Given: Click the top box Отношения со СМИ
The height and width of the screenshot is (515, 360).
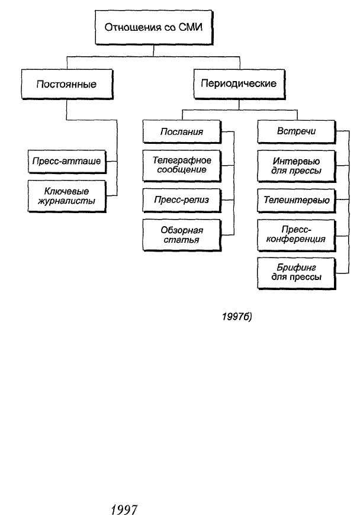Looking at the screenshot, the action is [x=154, y=27].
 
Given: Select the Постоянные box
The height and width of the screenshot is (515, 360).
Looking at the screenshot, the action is [x=67, y=84].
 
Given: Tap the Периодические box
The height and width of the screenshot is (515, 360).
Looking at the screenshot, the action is [x=239, y=83].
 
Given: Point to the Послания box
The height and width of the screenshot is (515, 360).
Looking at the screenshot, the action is [x=182, y=131].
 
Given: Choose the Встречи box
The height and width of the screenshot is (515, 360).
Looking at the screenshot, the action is [x=296, y=131].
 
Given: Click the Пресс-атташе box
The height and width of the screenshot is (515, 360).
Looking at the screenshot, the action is [x=67, y=161].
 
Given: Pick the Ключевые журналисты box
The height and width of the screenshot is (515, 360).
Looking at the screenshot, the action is [x=67, y=196].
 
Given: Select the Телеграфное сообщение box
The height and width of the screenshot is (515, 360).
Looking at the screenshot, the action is [x=182, y=166].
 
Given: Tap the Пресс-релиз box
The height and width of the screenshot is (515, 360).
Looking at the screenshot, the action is [x=182, y=200].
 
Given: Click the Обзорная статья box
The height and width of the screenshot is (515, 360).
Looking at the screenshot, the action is [x=182, y=235].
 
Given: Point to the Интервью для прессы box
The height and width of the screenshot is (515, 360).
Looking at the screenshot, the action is [x=296, y=166].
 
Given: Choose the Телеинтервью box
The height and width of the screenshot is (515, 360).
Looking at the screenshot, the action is [x=296, y=200].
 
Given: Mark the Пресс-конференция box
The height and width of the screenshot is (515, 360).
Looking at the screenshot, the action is [x=296, y=235].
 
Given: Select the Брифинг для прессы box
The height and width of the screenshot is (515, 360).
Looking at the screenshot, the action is [x=296, y=273].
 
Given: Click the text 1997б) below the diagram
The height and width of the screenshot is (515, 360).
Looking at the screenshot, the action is [x=237, y=317].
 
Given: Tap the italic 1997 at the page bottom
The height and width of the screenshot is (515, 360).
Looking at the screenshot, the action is [x=124, y=510].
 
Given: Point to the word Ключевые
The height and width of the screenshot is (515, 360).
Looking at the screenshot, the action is [x=67, y=191].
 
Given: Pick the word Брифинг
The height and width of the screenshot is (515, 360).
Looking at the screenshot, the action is [x=296, y=268].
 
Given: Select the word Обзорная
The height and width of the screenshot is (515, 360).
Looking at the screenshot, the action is [x=182, y=230].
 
